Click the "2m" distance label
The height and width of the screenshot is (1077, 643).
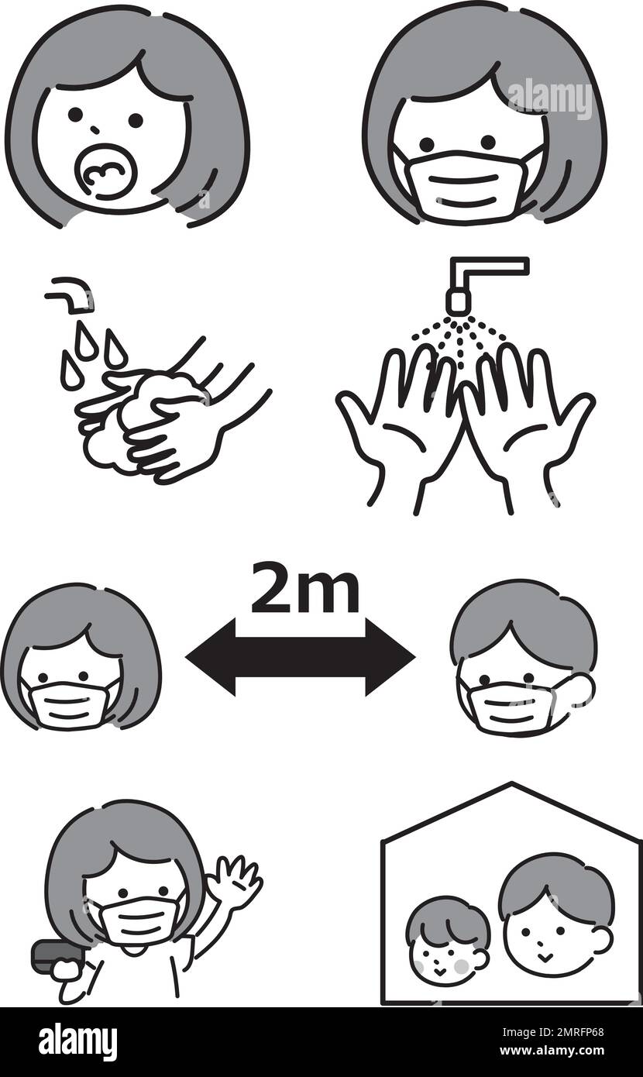click(x=305, y=591)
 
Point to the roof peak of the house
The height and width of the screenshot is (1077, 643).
click(x=512, y=786)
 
